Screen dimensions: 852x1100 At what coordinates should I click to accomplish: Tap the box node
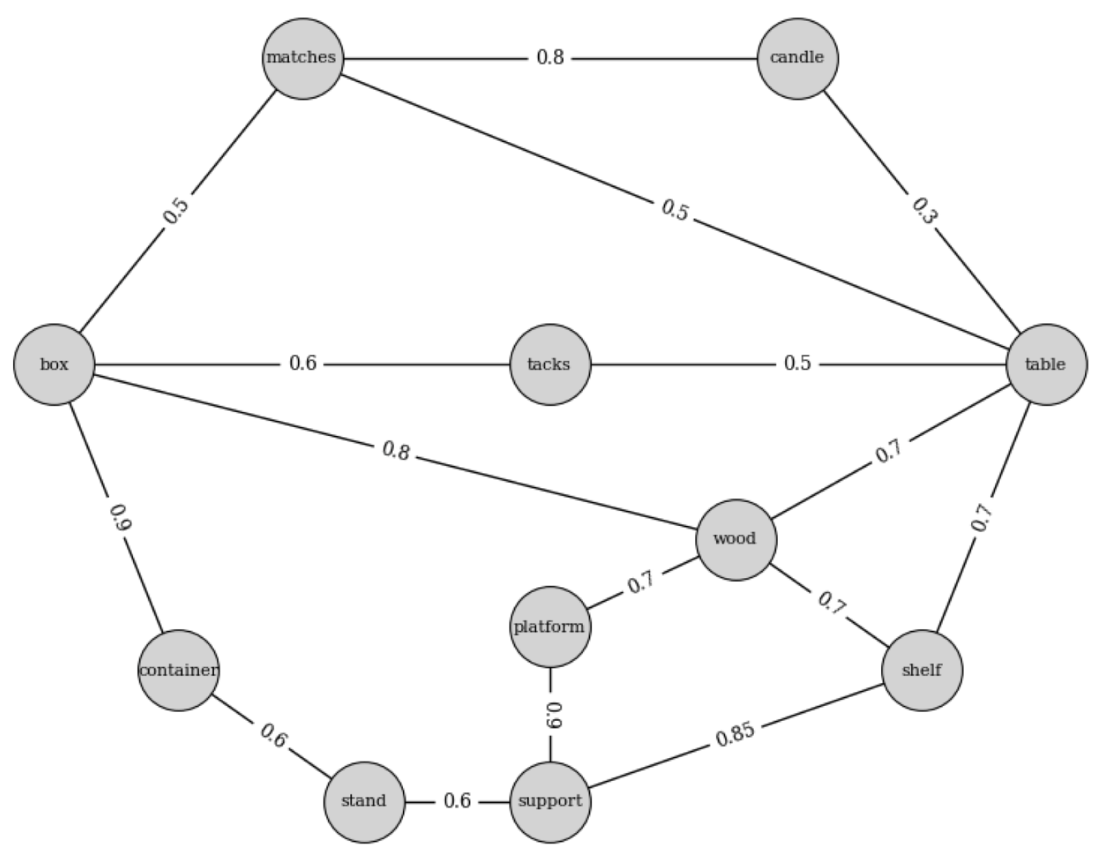(x=54, y=365)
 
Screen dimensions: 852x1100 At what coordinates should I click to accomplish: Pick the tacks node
(x=550, y=365)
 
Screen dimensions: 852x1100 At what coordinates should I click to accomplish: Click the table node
(x=1046, y=365)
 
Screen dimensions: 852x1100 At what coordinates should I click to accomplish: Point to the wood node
(x=736, y=540)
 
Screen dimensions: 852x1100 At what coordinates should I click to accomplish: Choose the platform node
(x=550, y=627)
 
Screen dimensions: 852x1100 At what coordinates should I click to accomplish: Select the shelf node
(x=922, y=670)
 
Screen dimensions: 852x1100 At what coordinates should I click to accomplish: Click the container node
(x=178, y=670)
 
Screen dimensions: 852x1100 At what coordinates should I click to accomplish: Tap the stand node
(x=364, y=802)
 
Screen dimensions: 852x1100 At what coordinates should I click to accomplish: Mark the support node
(x=550, y=802)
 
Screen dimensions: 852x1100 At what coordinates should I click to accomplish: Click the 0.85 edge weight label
(x=735, y=734)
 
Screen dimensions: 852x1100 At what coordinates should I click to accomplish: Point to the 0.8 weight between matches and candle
(x=550, y=58)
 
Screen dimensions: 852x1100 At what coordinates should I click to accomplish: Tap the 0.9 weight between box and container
(x=120, y=518)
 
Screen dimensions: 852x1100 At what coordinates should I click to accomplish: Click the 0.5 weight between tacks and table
(x=797, y=363)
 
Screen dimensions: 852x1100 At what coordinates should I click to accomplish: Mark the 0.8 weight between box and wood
(x=396, y=451)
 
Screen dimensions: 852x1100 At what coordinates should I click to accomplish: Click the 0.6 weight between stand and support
(x=457, y=801)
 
